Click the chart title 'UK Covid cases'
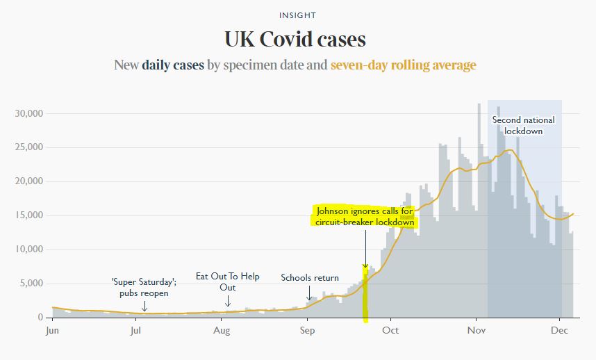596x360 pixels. pyautogui.click(x=295, y=39)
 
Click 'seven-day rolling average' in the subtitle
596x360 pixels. pyautogui.click(x=403, y=65)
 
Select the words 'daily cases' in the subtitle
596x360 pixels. pyautogui.click(x=173, y=65)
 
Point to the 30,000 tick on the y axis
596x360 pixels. pyautogui.click(x=29, y=113)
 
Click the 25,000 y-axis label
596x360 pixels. pyautogui.click(x=29, y=147)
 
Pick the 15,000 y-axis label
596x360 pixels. pyautogui.click(x=29, y=215)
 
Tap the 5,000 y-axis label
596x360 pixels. pyautogui.click(x=31, y=284)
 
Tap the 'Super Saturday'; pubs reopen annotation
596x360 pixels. pyautogui.click(x=144, y=288)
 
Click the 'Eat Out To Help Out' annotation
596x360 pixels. pyautogui.click(x=228, y=281)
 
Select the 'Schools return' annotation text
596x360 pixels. pyautogui.click(x=310, y=278)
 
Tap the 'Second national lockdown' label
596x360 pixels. pyautogui.click(x=523, y=125)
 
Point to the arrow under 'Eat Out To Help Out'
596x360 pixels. pyautogui.click(x=228, y=301)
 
